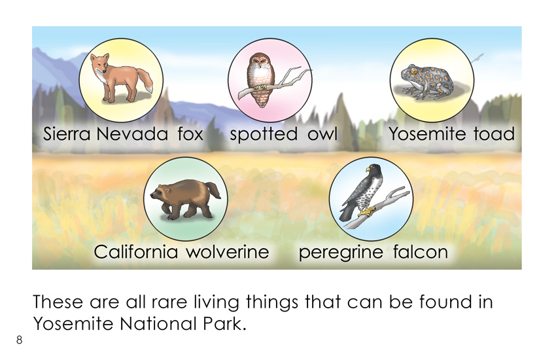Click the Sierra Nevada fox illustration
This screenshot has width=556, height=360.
pyautogui.click(x=120, y=78)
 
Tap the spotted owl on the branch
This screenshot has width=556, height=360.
pyautogui.click(x=260, y=80)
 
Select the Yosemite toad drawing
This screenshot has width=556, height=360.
pyautogui.click(x=426, y=82)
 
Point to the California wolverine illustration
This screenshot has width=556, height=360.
pyautogui.click(x=185, y=199)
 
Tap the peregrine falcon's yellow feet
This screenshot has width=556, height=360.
pyautogui.click(x=367, y=211)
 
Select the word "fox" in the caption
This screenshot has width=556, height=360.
pyautogui.click(x=190, y=134)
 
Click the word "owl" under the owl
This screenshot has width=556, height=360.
pyautogui.click(x=322, y=134)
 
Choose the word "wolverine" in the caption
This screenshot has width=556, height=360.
pyautogui.click(x=228, y=252)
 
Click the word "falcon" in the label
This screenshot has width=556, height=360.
pyautogui.click(x=421, y=252)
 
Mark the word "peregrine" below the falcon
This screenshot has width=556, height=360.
pyautogui.click(x=341, y=253)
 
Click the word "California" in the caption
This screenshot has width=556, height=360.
pyautogui.click(x=136, y=252)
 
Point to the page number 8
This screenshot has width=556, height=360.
pyautogui.click(x=19, y=340)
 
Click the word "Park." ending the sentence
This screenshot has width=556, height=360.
pyautogui.click(x=225, y=324)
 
